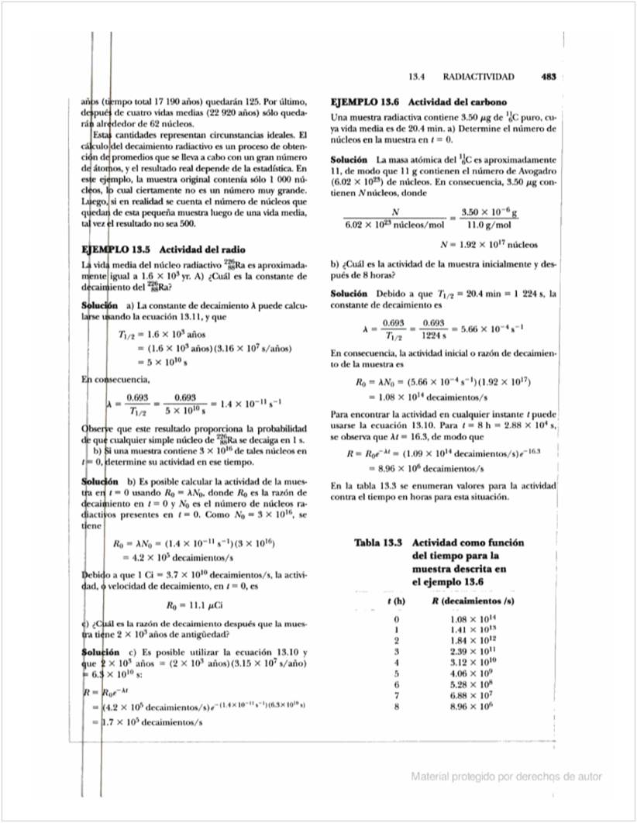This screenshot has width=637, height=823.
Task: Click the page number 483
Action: coord(549,77)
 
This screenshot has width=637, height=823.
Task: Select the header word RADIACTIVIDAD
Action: coord(479,77)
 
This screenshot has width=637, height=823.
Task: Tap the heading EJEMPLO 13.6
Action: coord(365,102)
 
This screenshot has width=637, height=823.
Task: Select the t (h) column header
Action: coord(397,601)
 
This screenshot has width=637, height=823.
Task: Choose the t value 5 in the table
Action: coord(397,673)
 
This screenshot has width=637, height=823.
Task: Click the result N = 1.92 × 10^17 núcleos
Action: coord(488,243)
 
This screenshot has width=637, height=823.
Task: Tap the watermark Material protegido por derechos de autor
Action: coord(506,777)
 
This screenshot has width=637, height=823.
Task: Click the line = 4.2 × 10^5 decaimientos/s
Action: coord(174,557)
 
